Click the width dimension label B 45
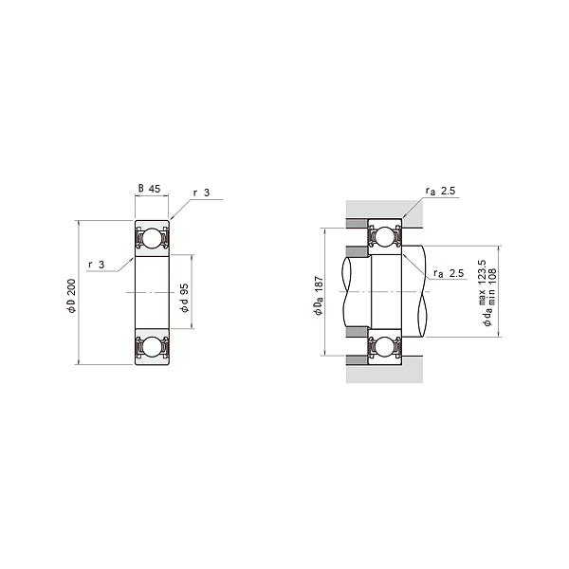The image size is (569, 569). pyautogui.click(x=150, y=189)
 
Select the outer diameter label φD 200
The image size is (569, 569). pyautogui.click(x=71, y=296)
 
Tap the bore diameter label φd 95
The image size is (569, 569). pyautogui.click(x=185, y=298)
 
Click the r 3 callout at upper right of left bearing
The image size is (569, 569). pyautogui.click(x=202, y=193)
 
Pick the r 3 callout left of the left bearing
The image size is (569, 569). pyautogui.click(x=97, y=265)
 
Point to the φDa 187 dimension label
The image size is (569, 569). pyautogui.click(x=319, y=296)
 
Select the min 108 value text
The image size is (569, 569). pyautogui.click(x=492, y=286)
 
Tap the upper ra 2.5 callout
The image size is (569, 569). pyautogui.click(x=441, y=192)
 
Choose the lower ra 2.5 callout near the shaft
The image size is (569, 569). pyautogui.click(x=449, y=273)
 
